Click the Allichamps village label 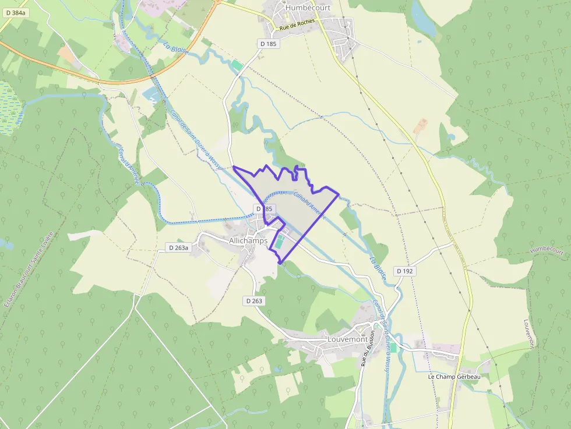tap(248, 240)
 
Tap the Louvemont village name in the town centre tap(348, 339)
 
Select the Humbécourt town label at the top tap(308, 8)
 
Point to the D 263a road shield tap(178, 247)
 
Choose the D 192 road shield tap(406, 271)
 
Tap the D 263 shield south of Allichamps tap(254, 301)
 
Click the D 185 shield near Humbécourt tap(268, 43)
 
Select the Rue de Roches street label tap(297, 24)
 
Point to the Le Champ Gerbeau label tap(454, 377)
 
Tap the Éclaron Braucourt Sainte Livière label tap(29, 268)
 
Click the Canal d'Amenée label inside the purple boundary tap(309, 205)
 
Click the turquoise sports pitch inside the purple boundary tap(280, 243)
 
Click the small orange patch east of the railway tap(420, 125)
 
